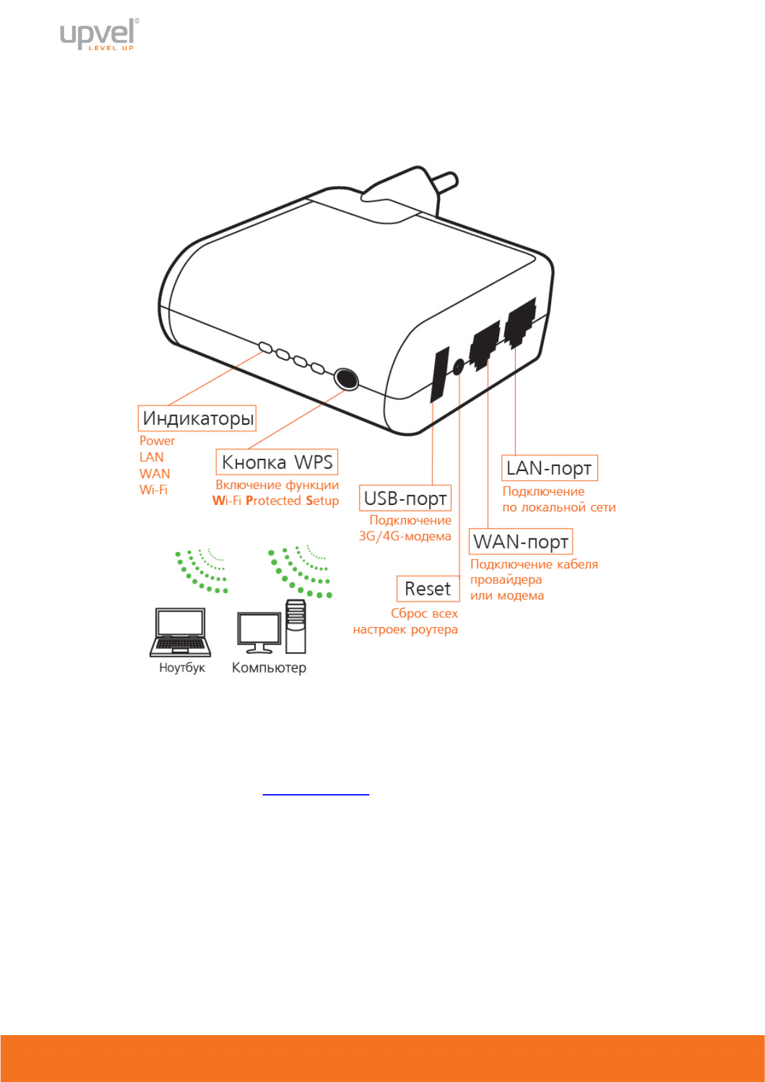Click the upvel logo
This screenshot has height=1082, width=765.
pos(99,34)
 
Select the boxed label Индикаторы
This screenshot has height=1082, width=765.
pos(197,418)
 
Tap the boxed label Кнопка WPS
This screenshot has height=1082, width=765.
pos(277,462)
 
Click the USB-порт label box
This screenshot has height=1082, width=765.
pos(405,498)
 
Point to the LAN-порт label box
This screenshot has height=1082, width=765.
pos(549,468)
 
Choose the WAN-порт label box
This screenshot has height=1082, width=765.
pos(521,542)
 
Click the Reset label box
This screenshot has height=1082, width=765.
pos(428,589)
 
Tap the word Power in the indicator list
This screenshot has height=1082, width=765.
pos(157,441)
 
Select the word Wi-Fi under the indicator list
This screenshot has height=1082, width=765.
pos(154,490)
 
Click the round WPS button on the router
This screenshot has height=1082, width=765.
pos(346,378)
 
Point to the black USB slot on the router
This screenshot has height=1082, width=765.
pos(440,375)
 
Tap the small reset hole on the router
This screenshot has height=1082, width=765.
pos(458,367)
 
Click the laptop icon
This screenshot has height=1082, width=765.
pos(180,632)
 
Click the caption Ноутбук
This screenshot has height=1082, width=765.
pos(182,668)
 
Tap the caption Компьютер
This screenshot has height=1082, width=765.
pos(269,668)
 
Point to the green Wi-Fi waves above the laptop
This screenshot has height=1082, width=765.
pos(201,571)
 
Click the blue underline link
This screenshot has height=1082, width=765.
pos(316,795)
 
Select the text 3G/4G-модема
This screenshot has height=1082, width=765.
pos(405,536)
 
